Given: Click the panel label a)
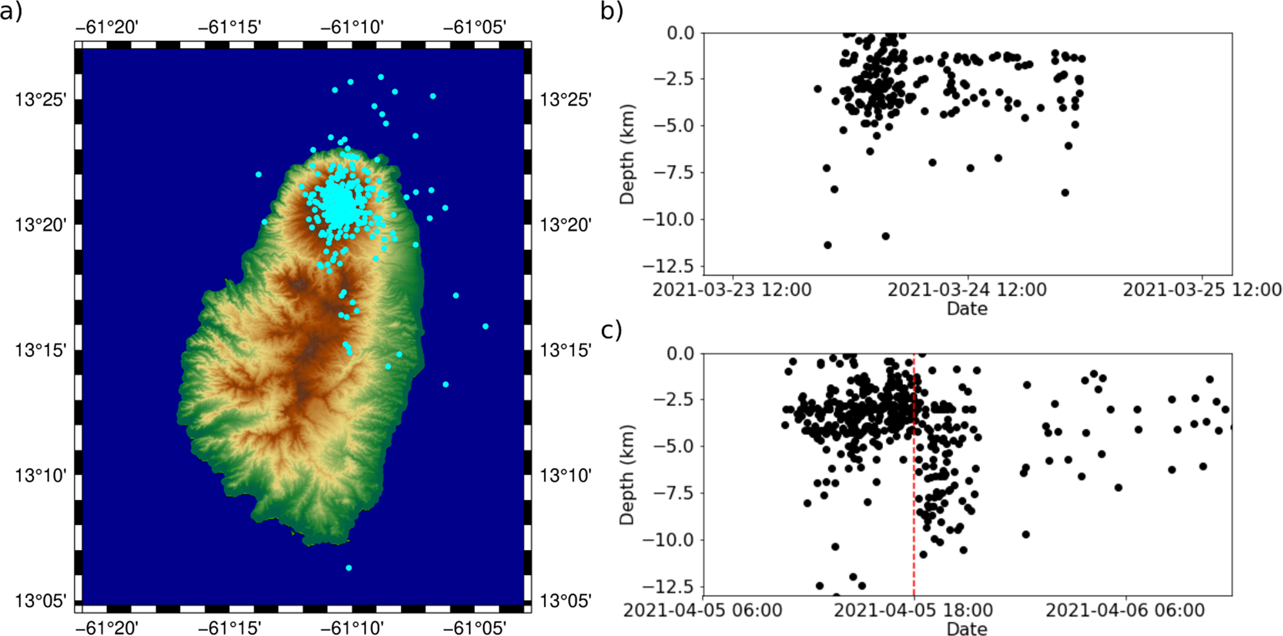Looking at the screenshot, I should [x=12, y=11].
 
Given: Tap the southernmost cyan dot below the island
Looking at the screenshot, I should [x=349, y=568].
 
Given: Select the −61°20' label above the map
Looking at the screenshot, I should [x=107, y=27].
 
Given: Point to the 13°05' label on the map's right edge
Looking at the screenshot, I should [x=565, y=601].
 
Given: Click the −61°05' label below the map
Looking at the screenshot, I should [x=475, y=626].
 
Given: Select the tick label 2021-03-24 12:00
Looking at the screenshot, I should [x=967, y=290].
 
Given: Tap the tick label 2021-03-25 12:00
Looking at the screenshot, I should [x=1202, y=290].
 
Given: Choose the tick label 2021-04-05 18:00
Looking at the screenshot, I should [x=913, y=610].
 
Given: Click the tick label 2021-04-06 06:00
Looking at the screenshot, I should [x=1125, y=610].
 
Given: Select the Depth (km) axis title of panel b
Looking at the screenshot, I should [x=627, y=155].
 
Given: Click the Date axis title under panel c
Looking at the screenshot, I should [x=967, y=628].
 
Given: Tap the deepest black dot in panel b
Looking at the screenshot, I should [x=827, y=245].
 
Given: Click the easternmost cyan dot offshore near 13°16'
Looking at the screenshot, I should [x=485, y=326].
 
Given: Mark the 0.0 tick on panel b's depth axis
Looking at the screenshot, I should [x=681, y=33].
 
